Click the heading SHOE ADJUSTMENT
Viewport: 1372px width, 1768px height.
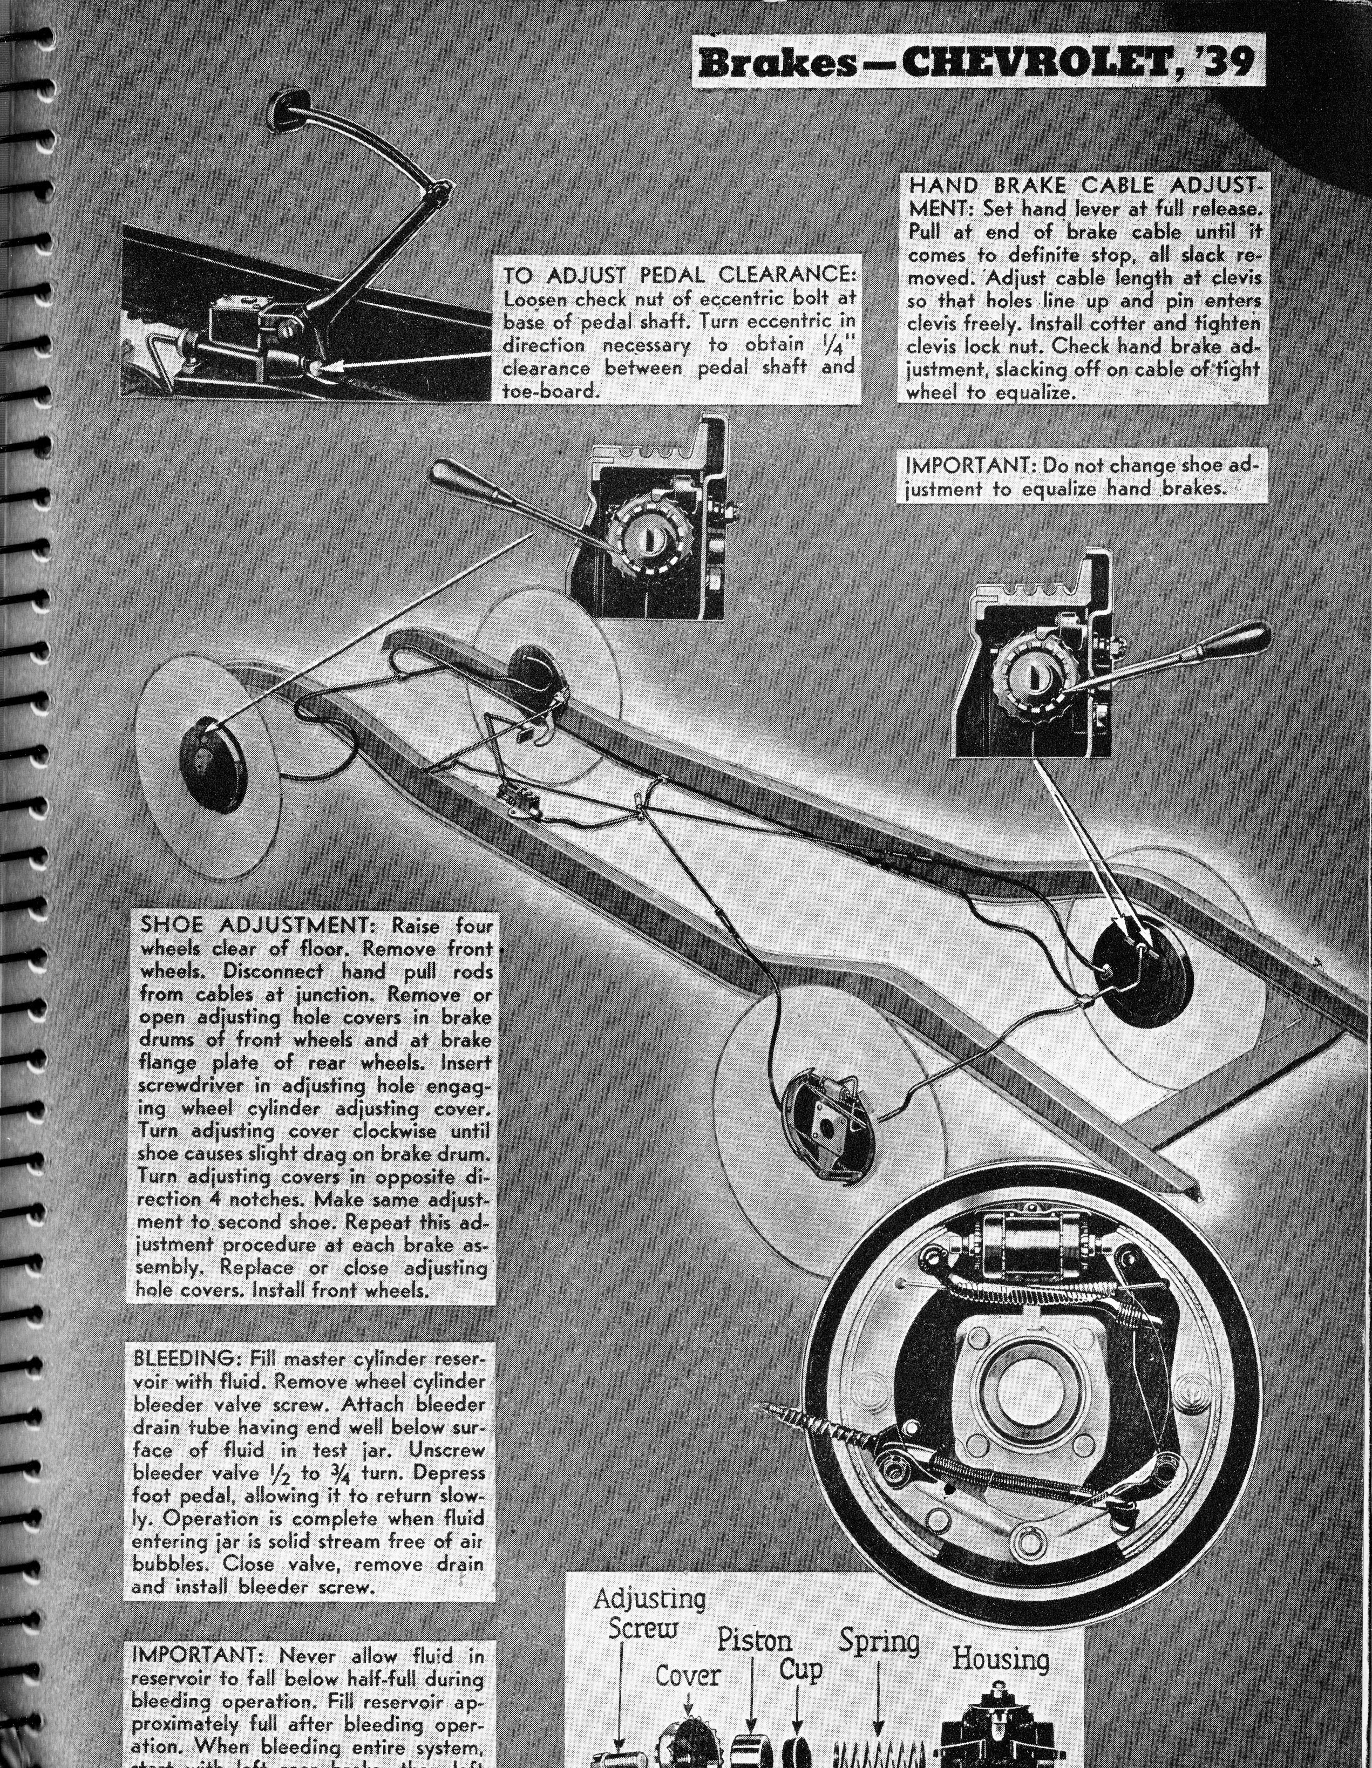point(259,924)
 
